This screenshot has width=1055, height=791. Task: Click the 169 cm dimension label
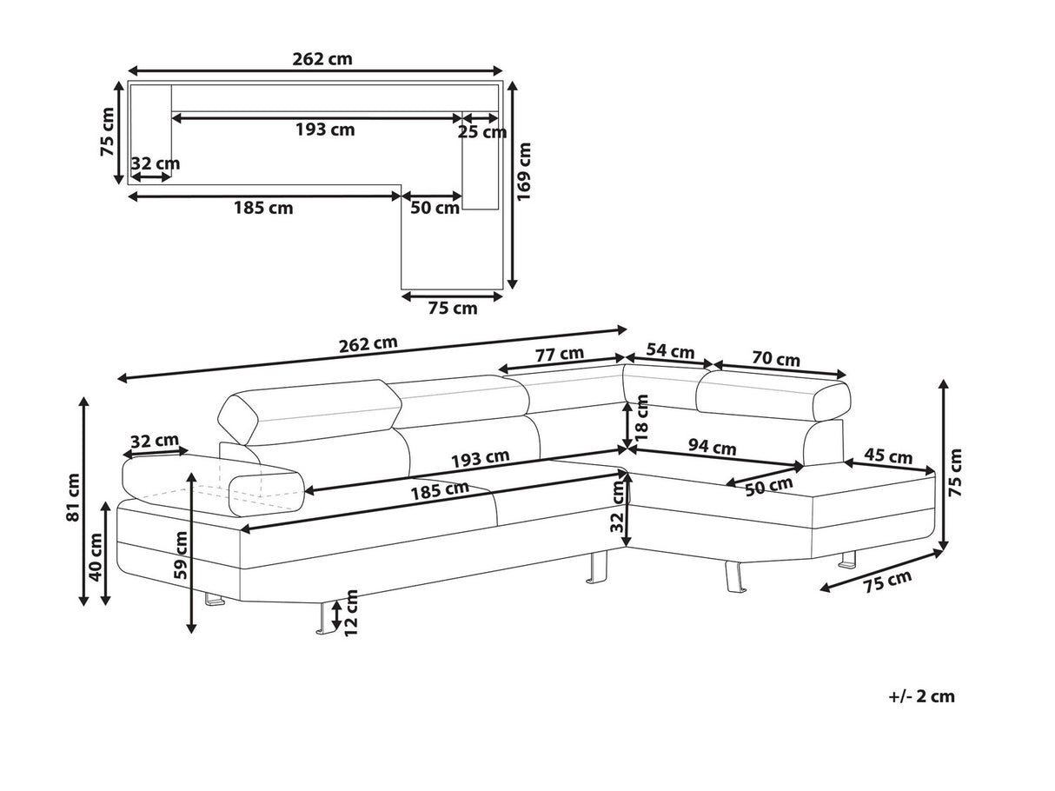pyautogui.click(x=524, y=184)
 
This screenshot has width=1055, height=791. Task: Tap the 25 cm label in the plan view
pyautogui.click(x=481, y=132)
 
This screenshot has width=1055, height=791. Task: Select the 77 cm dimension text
pyautogui.click(x=560, y=354)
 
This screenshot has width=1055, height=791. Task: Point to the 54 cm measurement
pyautogui.click(x=670, y=351)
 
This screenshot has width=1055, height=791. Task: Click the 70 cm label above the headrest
pyautogui.click(x=776, y=359)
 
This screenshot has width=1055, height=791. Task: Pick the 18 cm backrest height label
pyautogui.click(x=642, y=420)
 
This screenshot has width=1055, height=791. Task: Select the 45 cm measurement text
pyautogui.click(x=889, y=456)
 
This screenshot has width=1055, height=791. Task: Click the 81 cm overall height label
pyautogui.click(x=75, y=498)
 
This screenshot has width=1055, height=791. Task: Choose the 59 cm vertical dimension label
pyautogui.click(x=180, y=556)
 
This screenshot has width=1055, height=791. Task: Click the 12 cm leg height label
pyautogui.click(x=351, y=613)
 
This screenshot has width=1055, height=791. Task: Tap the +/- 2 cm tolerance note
pyautogui.click(x=921, y=695)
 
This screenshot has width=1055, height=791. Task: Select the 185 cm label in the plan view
pyautogui.click(x=262, y=208)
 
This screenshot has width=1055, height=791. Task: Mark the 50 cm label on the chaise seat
pyautogui.click(x=768, y=487)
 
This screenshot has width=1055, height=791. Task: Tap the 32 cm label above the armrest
pyautogui.click(x=155, y=441)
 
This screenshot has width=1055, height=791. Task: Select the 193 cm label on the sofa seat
pyautogui.click(x=480, y=458)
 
